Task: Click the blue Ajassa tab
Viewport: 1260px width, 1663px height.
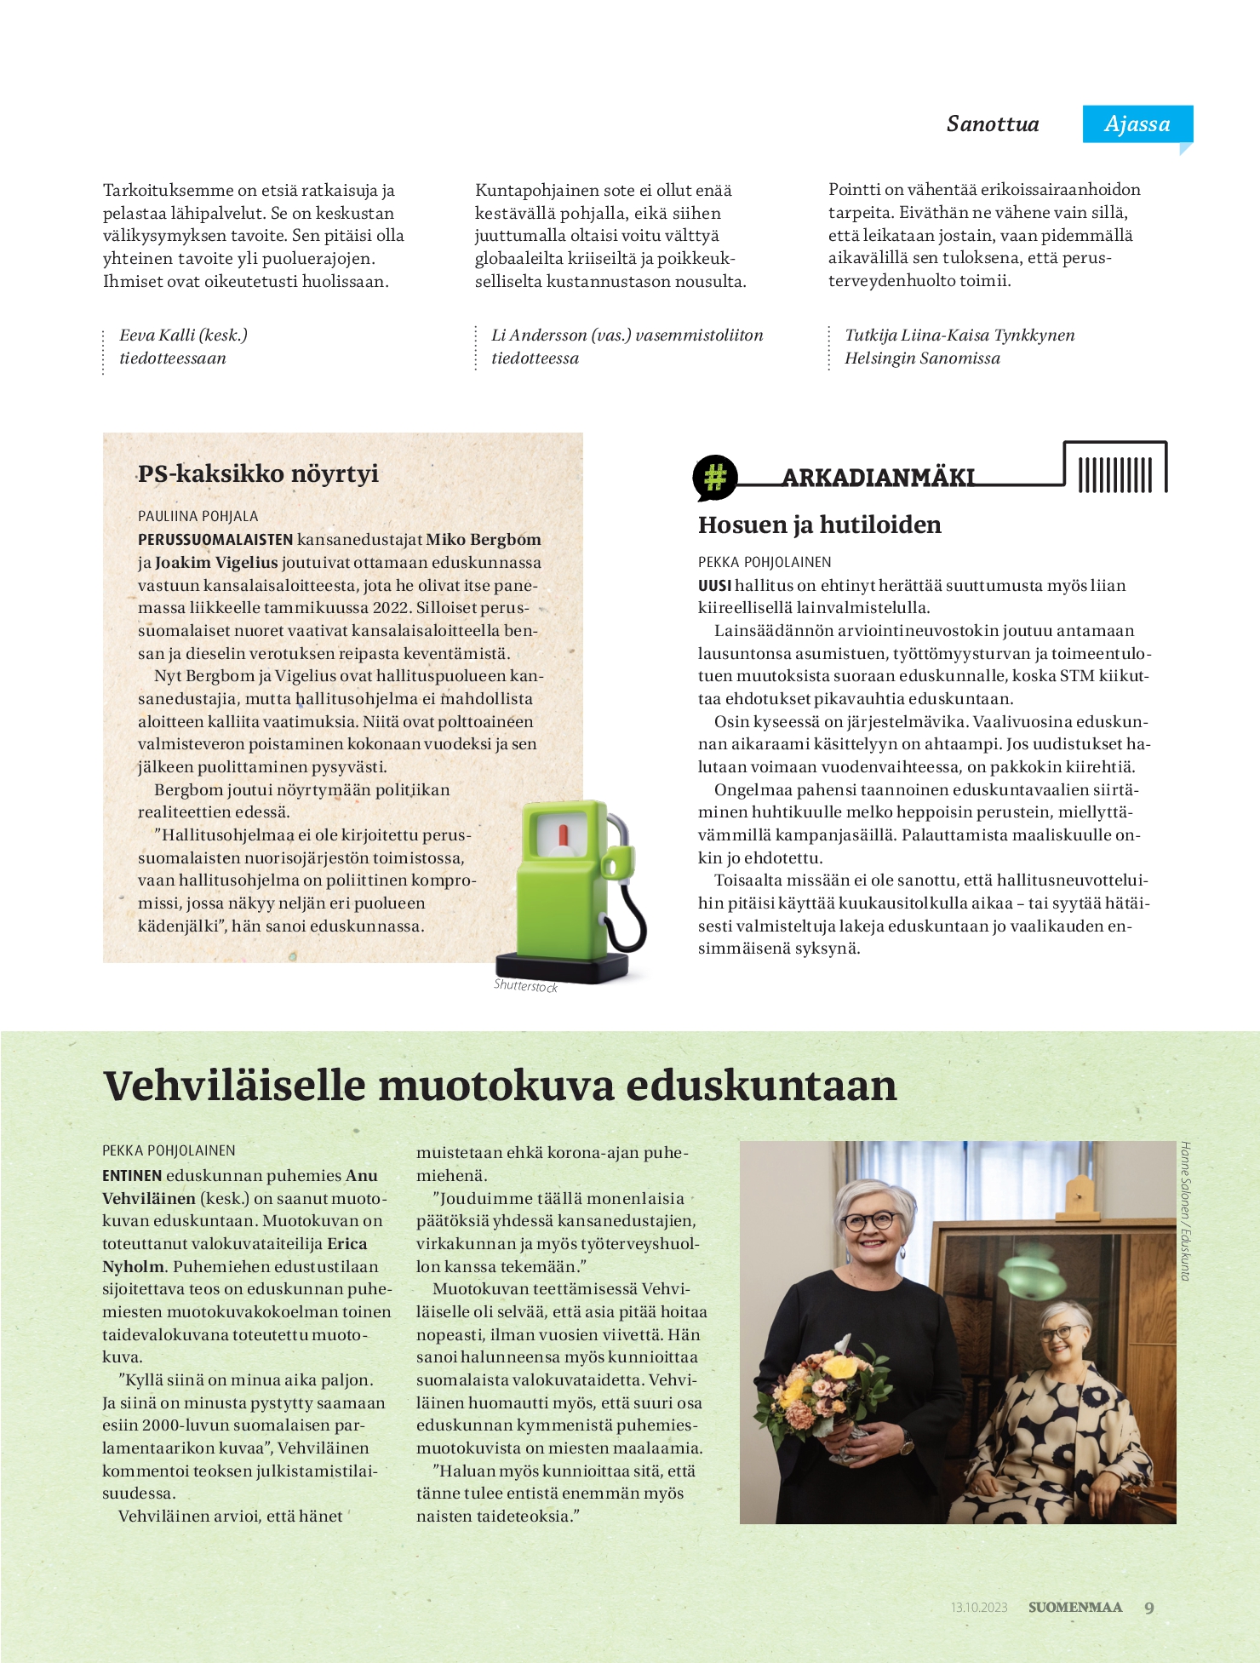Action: (1137, 124)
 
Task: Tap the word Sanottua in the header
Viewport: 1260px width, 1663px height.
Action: (993, 124)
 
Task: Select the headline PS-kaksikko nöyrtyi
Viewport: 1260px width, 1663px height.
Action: (258, 473)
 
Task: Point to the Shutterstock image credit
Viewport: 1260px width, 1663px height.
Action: (525, 986)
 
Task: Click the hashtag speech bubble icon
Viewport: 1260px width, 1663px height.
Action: (715, 477)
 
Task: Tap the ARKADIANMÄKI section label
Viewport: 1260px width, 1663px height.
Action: (878, 478)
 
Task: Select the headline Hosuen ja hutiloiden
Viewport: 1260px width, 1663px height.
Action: (819, 525)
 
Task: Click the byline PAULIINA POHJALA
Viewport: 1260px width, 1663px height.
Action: (198, 516)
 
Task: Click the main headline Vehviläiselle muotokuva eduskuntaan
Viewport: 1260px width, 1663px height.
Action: (500, 1086)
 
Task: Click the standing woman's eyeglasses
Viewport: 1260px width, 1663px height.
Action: (869, 1220)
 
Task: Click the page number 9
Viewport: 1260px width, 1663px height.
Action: (1149, 1608)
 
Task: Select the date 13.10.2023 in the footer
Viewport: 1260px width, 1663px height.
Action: (979, 1608)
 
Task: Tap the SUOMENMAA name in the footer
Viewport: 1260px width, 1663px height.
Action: (1075, 1608)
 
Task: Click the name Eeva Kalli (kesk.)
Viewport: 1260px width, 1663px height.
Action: (183, 335)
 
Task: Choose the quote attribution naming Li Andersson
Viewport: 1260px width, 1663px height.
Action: (627, 347)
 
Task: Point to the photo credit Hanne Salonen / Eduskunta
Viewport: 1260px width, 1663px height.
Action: (1184, 1211)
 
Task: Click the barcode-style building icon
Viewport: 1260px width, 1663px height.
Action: (1115, 468)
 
